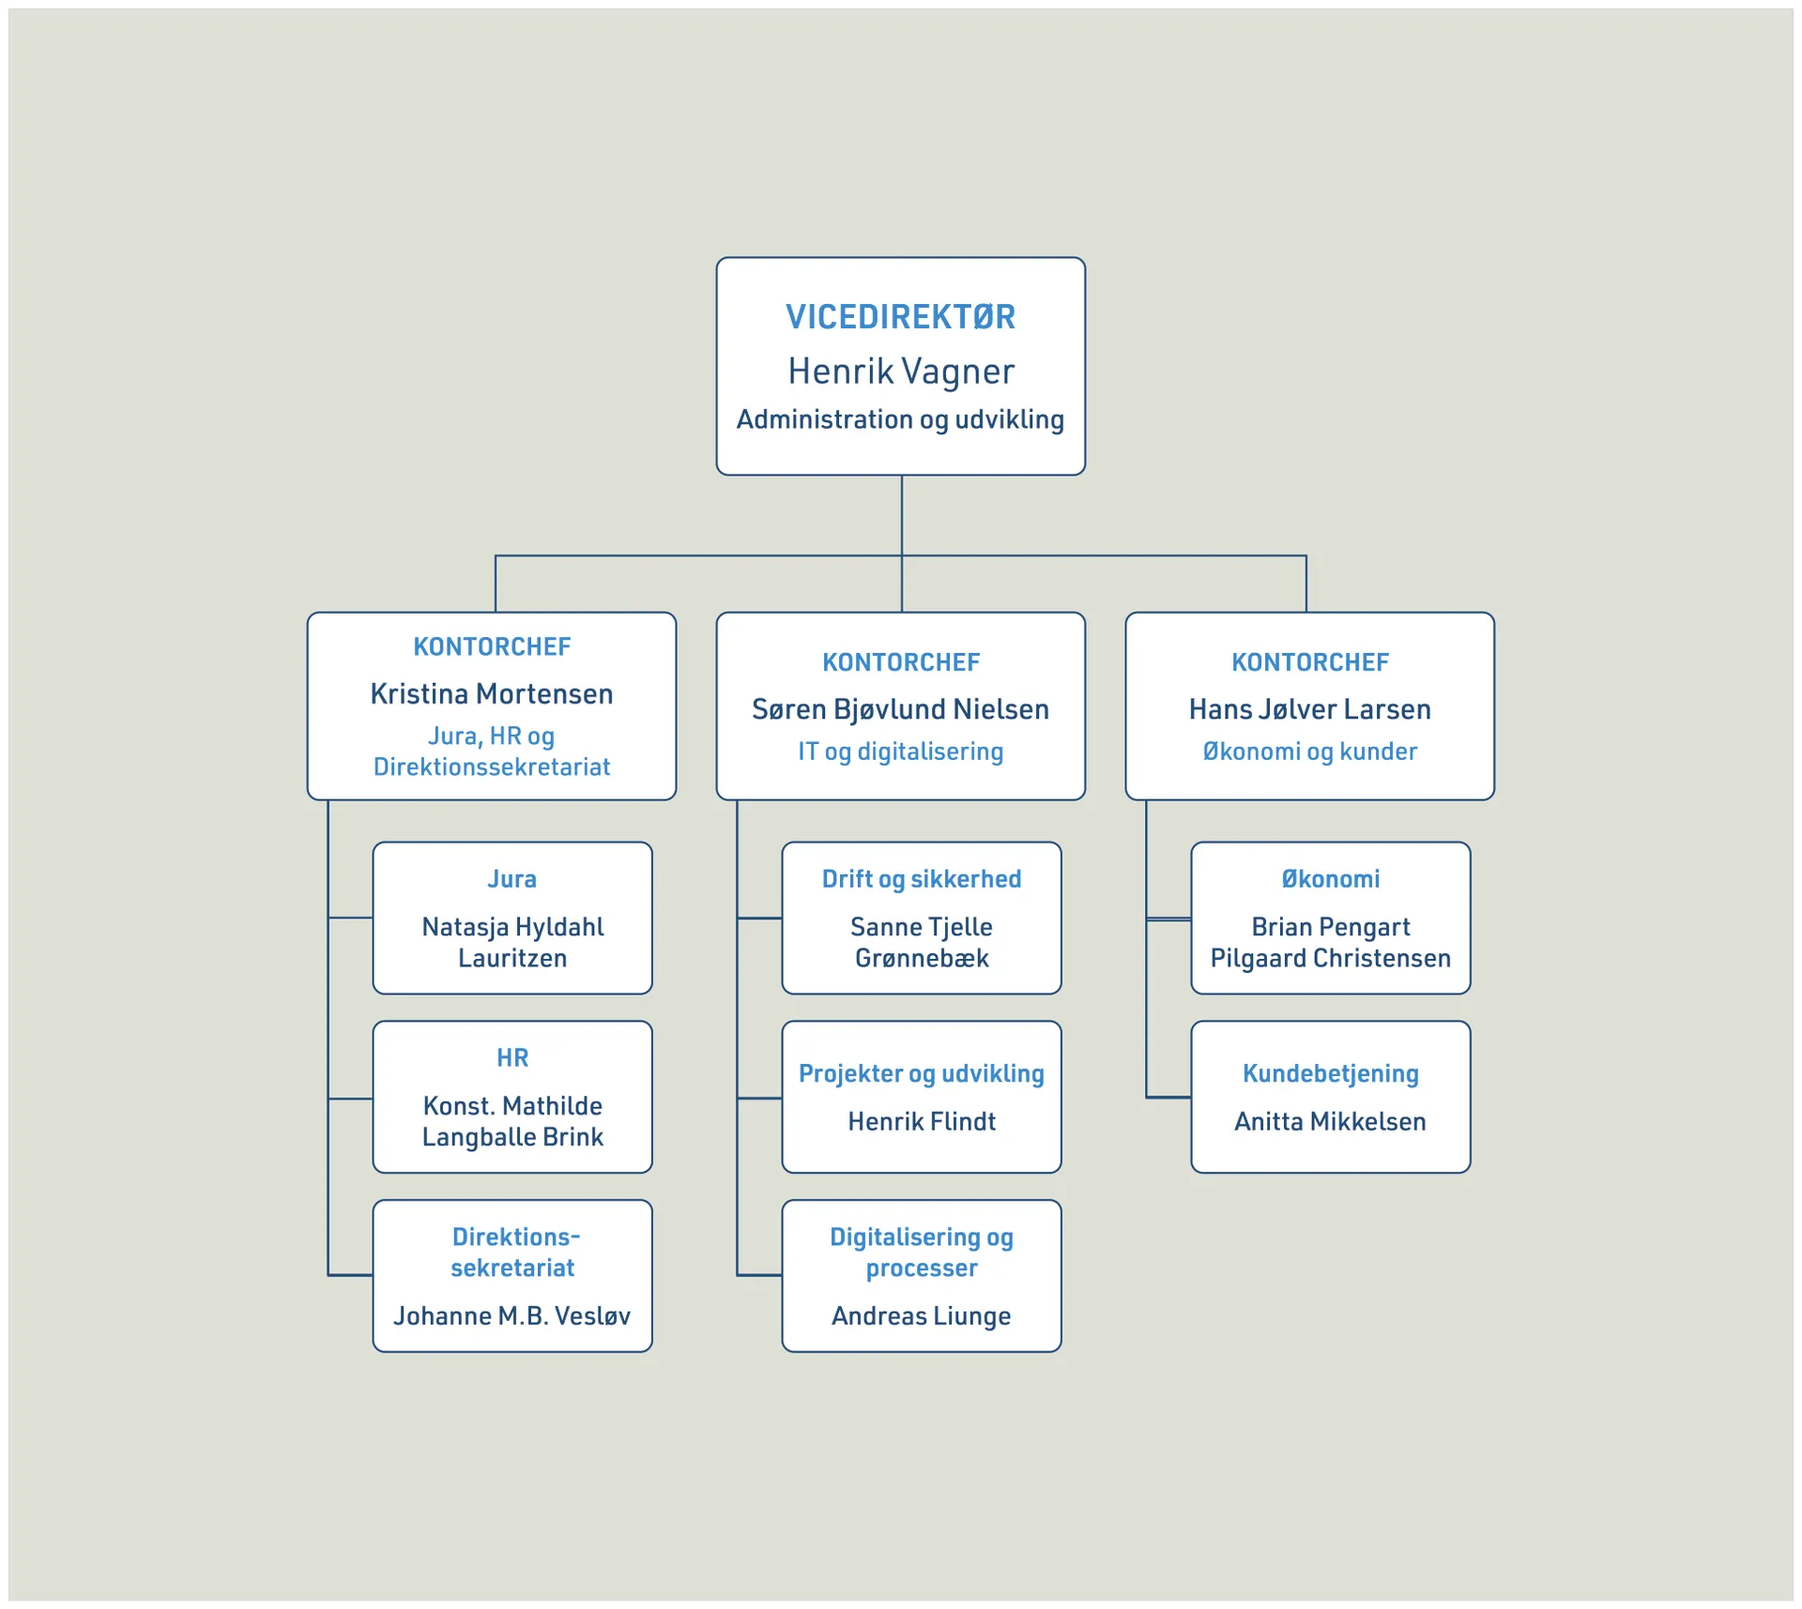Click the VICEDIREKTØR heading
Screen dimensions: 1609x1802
click(900, 317)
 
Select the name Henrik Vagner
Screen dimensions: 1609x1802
click(900, 372)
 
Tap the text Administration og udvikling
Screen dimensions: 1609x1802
click(900, 419)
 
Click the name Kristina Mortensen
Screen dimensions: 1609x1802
click(491, 694)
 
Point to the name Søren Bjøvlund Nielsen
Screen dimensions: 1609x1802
click(900, 709)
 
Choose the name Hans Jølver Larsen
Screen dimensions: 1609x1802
click(1309, 709)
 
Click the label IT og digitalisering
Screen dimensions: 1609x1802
click(900, 751)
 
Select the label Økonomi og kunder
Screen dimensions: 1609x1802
click(1309, 751)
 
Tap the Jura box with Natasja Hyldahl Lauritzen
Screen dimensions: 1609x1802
click(512, 918)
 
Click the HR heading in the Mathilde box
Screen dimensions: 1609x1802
click(512, 1058)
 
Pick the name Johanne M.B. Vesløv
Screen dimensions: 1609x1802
click(512, 1316)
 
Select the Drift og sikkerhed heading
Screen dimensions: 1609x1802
click(921, 879)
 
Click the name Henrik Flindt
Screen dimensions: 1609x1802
click(921, 1122)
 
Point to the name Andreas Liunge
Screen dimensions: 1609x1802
click(921, 1316)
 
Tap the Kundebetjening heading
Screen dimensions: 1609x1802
click(1330, 1073)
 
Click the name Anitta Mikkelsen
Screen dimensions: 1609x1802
click(1330, 1122)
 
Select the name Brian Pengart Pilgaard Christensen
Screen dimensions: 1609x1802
click(1330, 943)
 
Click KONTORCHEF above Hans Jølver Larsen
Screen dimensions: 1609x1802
click(1309, 662)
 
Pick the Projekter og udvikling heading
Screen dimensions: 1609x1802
click(921, 1073)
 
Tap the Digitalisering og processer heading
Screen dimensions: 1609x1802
click(921, 1252)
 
